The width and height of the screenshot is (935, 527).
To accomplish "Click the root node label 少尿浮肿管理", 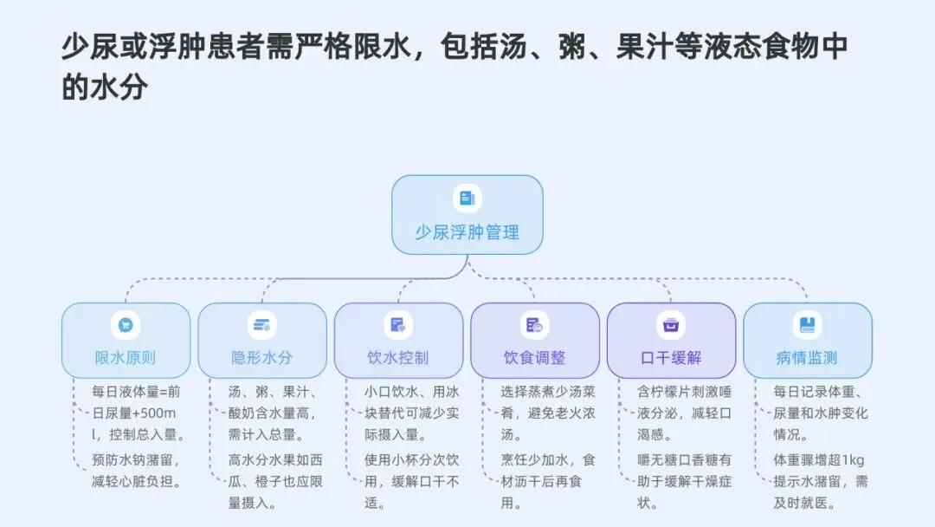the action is tap(467, 232).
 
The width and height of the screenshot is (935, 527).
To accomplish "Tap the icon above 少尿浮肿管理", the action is tap(467, 198).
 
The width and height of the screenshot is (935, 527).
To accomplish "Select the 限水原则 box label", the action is tap(126, 357).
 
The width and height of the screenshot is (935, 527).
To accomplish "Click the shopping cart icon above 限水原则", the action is tap(126, 325).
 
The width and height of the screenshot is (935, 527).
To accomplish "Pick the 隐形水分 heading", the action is tap(261, 357).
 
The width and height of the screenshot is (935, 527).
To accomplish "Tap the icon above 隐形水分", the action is tap(261, 325).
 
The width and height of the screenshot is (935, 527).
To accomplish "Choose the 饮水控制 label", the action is tap(398, 357).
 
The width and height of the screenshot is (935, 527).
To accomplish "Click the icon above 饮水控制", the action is tap(398, 325).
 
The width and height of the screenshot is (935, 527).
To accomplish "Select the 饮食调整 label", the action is tap(534, 357).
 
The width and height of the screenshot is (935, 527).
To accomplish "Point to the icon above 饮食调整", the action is tap(534, 325).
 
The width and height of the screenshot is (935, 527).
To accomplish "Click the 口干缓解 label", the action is tap(671, 357).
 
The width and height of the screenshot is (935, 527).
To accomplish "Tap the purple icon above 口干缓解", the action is tap(671, 325).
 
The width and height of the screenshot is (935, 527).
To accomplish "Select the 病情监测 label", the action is tap(807, 357).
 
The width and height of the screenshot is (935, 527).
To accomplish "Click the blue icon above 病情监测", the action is tap(807, 325).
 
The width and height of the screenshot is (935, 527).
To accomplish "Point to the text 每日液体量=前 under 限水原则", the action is tap(137, 391).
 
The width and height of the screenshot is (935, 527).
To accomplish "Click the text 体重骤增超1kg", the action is tap(819, 459).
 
